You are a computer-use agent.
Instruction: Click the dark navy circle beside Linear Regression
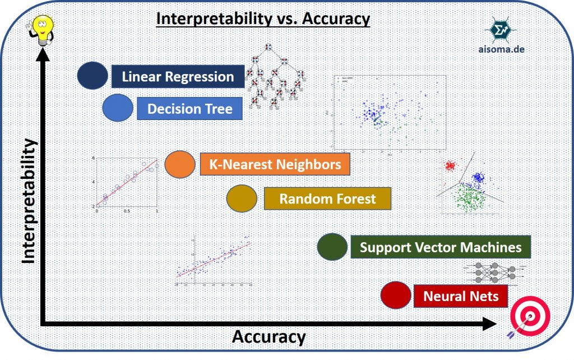(92, 76)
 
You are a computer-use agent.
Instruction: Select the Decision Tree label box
(189, 108)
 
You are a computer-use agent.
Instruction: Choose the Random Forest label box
(327, 199)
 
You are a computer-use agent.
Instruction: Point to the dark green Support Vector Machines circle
(332, 247)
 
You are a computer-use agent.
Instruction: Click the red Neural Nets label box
(461, 296)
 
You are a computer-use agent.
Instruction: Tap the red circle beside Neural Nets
(395, 295)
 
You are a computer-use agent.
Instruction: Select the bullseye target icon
(530, 321)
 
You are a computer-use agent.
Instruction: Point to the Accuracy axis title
(269, 338)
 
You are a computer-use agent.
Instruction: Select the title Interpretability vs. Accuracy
(263, 19)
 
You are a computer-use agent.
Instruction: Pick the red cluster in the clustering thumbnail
(450, 165)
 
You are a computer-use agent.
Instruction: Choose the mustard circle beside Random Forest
(242, 199)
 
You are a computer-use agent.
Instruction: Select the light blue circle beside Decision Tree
(118, 108)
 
